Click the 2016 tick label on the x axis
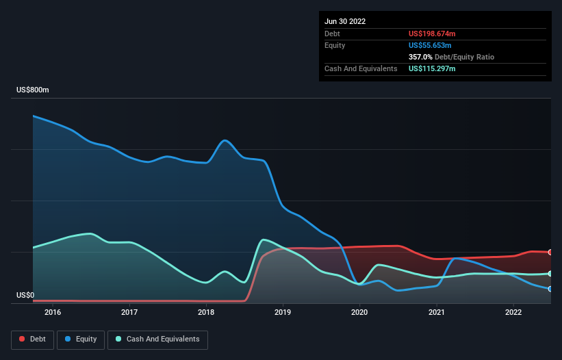[53, 313]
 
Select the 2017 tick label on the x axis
[129, 313]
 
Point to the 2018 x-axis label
[206, 313]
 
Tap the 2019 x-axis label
[283, 313]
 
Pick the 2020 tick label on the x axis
[359, 313]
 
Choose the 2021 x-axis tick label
[436, 313]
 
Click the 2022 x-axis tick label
[513, 313]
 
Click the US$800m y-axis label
[33, 90]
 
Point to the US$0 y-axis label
[25, 296]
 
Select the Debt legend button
[31, 339]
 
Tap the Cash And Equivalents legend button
[157, 339]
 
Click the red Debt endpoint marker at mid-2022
[550, 253]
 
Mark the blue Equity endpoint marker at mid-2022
[550, 289]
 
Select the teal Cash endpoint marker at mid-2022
[550, 274]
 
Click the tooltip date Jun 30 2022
[345, 21]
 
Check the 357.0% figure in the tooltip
[420, 57]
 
